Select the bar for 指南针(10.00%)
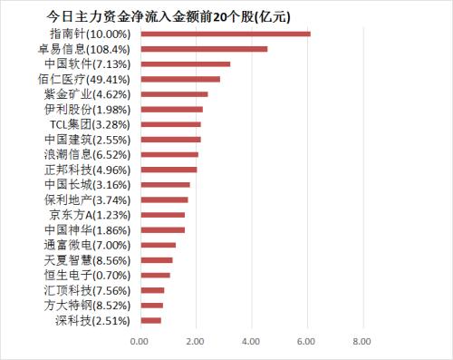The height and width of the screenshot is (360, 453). click(x=225, y=34)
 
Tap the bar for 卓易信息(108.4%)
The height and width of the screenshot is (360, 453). click(x=204, y=49)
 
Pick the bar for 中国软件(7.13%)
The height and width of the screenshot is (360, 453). click(x=185, y=63)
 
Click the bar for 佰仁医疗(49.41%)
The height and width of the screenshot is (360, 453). click(x=180, y=79)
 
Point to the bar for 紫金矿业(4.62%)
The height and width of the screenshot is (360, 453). click(x=174, y=93)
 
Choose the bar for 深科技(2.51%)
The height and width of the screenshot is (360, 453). click(x=150, y=319)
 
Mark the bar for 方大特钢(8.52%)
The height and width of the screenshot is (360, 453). click(x=151, y=305)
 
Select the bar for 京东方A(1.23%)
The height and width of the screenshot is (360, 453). click(x=162, y=215)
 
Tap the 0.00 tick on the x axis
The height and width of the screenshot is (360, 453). click(x=140, y=341)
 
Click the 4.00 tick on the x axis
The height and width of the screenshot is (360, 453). click(x=250, y=341)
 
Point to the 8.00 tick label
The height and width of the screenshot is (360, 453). click(x=361, y=341)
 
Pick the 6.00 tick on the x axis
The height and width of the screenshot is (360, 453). click(x=306, y=341)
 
